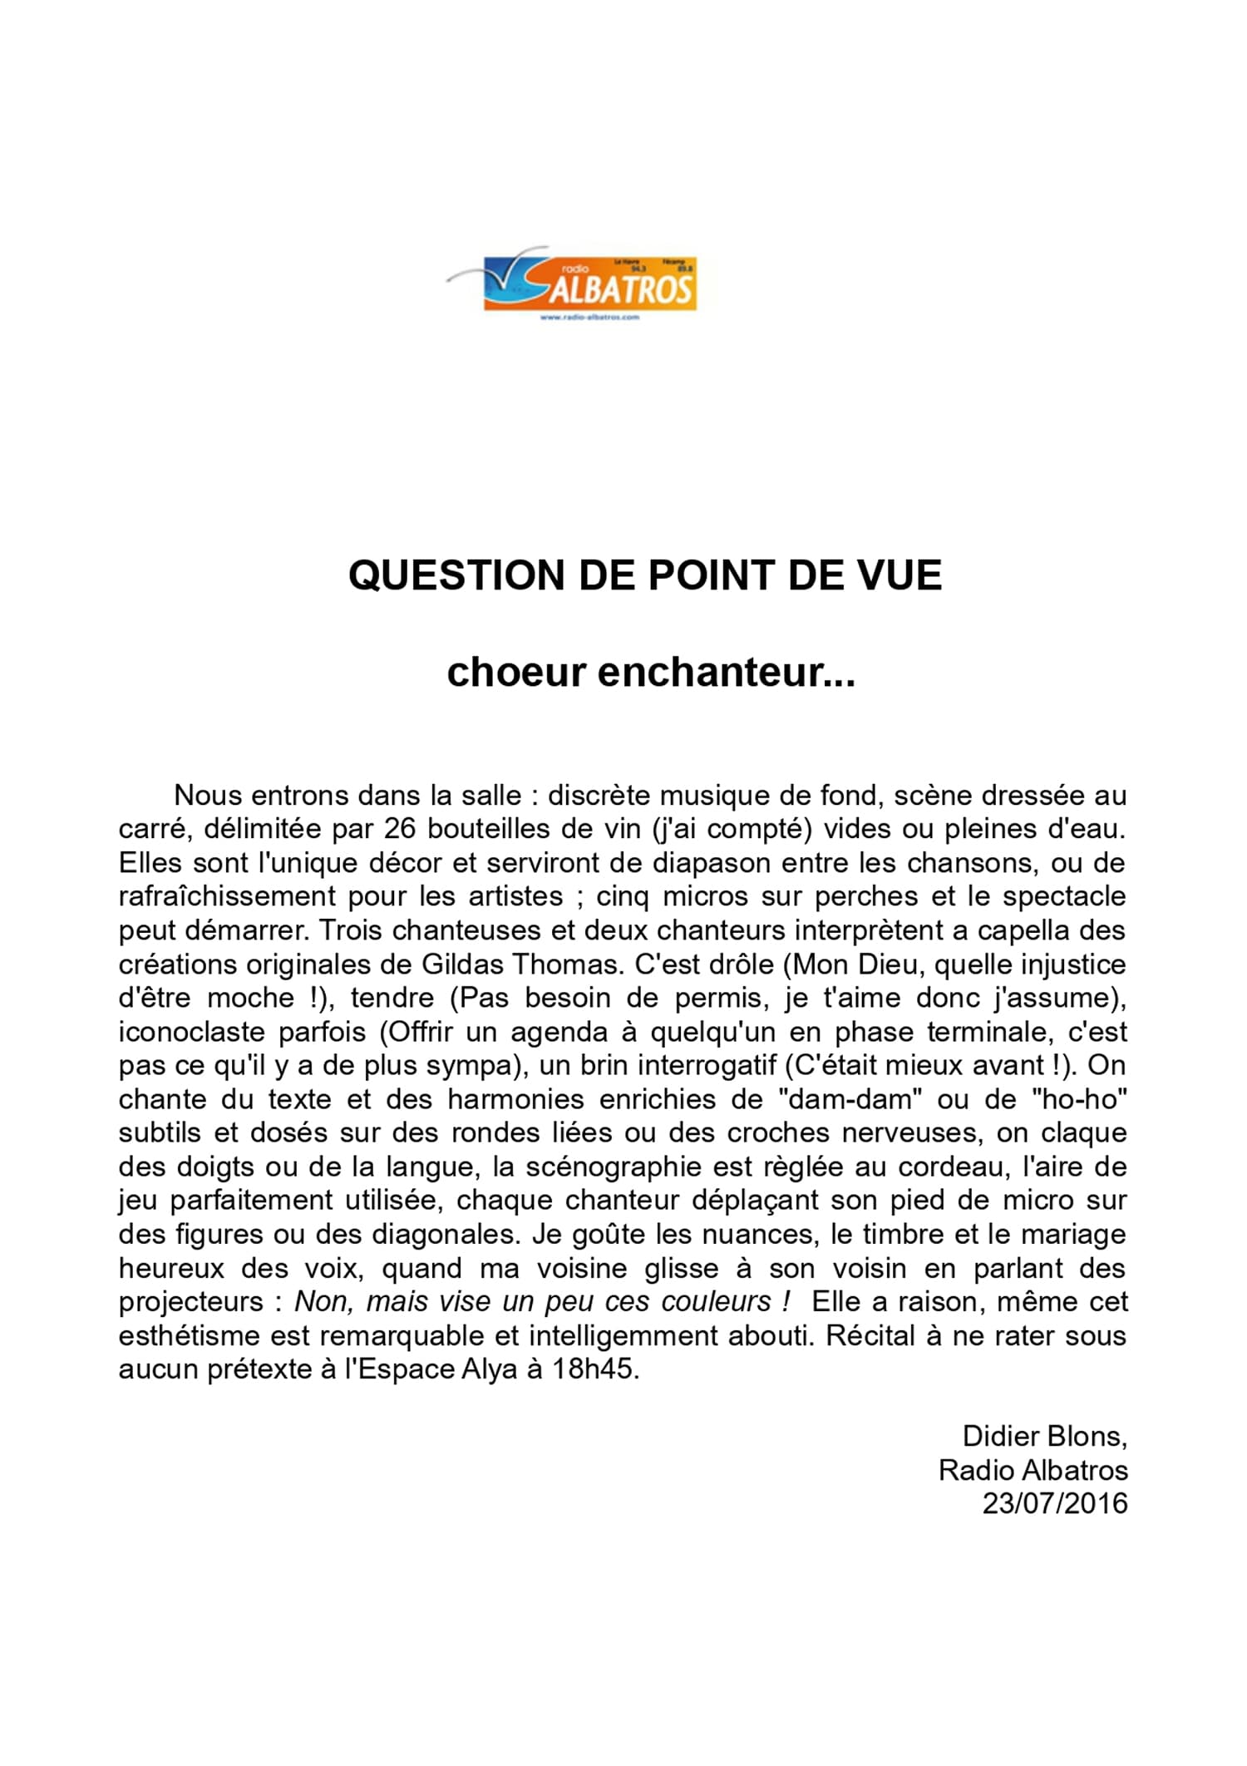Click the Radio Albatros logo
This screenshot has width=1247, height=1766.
coord(572,284)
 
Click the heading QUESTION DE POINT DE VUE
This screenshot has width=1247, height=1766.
coord(644,575)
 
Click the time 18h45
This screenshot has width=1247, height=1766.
coord(595,1369)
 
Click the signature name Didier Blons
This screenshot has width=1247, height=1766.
coord(1044,1436)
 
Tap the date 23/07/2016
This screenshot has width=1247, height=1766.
coord(1054,1503)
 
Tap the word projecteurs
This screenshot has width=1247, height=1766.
coord(190,1302)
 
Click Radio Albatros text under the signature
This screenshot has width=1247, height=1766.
coord(1033,1470)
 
